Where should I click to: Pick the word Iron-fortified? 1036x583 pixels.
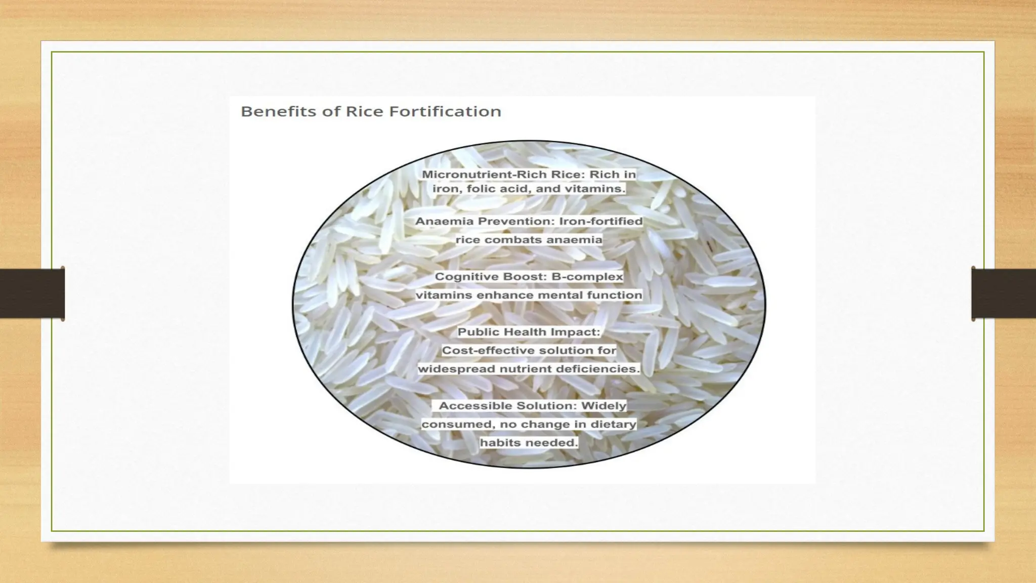pos(600,221)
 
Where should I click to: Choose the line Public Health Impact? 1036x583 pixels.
pos(529,332)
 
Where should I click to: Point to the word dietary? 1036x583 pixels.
pos(614,424)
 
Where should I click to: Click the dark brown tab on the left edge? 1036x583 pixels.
pos(32,294)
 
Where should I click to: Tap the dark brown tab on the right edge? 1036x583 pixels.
pos(1004,294)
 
